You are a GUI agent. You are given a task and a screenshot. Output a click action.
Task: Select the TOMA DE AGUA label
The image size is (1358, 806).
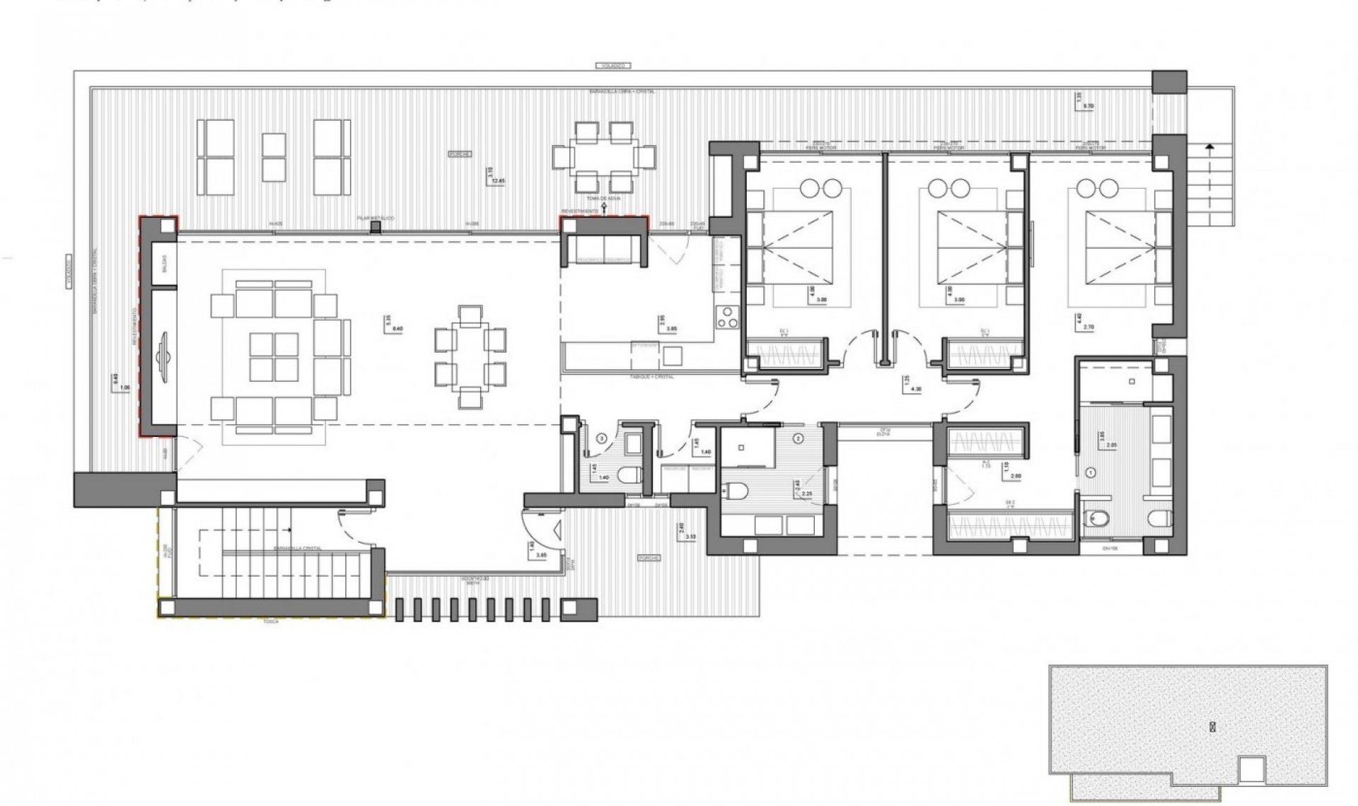click(603, 199)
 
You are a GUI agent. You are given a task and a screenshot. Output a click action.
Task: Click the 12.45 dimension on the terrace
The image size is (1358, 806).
click(499, 181)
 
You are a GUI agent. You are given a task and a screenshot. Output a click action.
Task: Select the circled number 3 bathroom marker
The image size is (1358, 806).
click(601, 438)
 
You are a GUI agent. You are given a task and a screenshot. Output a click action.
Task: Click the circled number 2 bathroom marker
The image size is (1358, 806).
click(798, 438)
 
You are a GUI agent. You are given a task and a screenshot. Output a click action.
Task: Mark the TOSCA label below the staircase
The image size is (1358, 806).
click(269, 621)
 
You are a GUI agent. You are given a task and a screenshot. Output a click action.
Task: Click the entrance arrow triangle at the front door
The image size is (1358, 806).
click(558, 527)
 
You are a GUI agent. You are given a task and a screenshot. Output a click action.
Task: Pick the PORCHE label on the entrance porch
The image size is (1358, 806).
click(649, 558)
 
